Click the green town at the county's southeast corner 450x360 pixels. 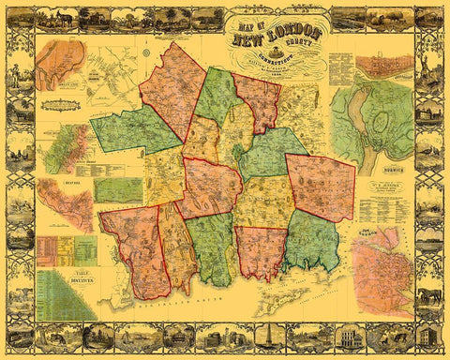click(x=313, y=241)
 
